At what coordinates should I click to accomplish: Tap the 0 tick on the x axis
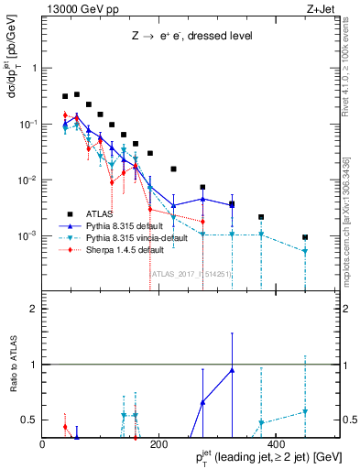[x=42, y=443]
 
